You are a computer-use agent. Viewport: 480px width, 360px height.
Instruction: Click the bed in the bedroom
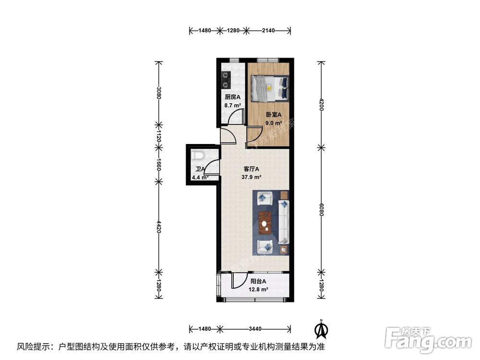[x=270, y=88]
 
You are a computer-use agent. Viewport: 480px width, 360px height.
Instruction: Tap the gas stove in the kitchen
[x=226, y=80]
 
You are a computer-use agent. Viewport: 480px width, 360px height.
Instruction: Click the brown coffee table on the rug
[x=264, y=223]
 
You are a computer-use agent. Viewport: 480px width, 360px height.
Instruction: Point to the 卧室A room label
[x=274, y=115]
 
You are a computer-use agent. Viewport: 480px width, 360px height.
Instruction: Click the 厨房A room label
[x=232, y=96]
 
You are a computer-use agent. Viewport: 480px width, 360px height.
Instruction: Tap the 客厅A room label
[x=251, y=169]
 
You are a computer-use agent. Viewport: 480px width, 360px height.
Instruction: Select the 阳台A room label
[x=258, y=281]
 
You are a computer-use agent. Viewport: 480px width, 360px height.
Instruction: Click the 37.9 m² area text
[x=251, y=177]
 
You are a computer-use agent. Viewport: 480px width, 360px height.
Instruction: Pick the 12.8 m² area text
[x=258, y=289]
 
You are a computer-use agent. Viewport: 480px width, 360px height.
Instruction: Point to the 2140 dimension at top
[x=268, y=31]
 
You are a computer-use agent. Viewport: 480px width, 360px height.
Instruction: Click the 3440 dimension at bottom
[x=255, y=329]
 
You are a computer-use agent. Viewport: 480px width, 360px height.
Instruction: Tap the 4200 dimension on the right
[x=321, y=104]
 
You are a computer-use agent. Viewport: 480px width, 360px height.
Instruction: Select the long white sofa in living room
[x=284, y=222]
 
